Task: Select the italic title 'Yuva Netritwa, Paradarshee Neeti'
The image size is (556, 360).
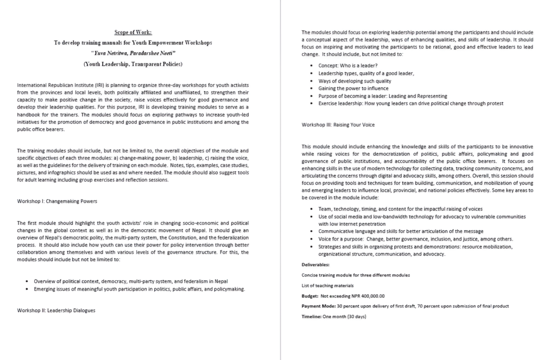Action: (x=133, y=53)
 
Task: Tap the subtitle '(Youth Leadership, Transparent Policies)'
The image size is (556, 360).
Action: (x=133, y=64)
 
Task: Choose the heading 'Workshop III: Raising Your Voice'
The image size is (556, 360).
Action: (x=338, y=125)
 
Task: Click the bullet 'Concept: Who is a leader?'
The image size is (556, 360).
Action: (x=348, y=66)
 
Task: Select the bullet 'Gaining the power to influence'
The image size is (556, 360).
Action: (x=353, y=88)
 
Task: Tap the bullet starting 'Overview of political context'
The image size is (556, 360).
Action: (x=131, y=281)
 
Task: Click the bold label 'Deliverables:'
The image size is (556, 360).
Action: (x=315, y=264)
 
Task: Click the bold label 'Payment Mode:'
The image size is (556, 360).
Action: (x=319, y=306)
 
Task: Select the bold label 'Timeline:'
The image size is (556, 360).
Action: (x=313, y=317)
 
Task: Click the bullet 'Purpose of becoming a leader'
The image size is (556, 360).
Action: (x=375, y=96)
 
